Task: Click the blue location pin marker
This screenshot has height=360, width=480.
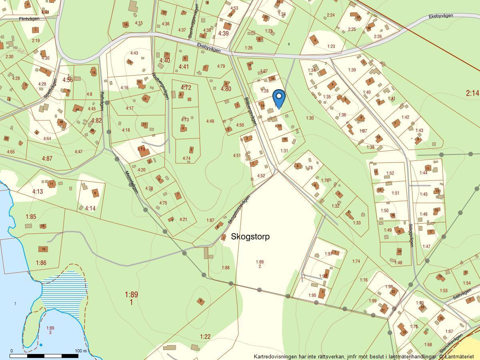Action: (x=279, y=98)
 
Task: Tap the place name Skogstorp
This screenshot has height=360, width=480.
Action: (x=250, y=236)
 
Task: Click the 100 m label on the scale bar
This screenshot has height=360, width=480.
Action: (x=80, y=351)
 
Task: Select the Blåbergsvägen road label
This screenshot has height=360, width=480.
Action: (x=250, y=111)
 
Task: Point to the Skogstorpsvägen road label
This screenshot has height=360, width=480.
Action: (x=239, y=209)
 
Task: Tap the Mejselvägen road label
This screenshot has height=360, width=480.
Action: (x=131, y=182)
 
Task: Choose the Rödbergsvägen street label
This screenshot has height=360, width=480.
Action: (x=161, y=88)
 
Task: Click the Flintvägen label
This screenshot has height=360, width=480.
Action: (x=29, y=19)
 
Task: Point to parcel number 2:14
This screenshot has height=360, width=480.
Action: (x=472, y=93)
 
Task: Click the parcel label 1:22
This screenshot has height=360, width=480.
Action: (x=205, y=337)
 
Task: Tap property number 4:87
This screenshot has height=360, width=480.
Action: (x=47, y=158)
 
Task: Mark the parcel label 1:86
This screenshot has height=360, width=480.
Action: (x=41, y=263)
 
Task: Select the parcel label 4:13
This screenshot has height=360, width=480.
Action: (x=37, y=192)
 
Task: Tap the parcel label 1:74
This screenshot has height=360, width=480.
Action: (x=356, y=261)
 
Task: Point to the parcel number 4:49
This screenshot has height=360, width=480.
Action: (x=210, y=121)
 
